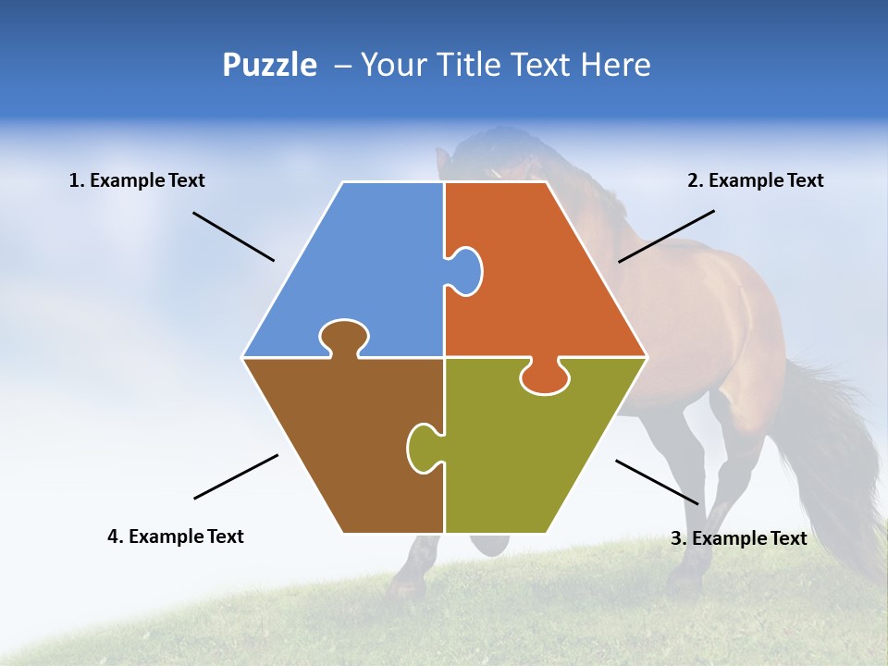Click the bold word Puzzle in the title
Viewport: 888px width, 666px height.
click(269, 65)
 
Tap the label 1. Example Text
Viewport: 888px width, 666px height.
click(137, 180)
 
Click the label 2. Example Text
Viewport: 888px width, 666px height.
click(755, 180)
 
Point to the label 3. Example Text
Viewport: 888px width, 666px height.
click(738, 538)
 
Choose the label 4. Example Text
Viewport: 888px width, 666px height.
click(175, 536)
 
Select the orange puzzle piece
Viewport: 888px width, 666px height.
click(546, 277)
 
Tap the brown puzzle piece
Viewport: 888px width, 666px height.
click(342, 435)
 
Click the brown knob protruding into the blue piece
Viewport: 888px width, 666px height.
click(343, 338)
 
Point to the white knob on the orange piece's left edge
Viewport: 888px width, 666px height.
click(464, 270)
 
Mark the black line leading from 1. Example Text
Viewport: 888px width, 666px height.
click(233, 236)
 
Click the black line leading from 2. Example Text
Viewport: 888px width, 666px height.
click(666, 236)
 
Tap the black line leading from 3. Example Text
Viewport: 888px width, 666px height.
click(657, 482)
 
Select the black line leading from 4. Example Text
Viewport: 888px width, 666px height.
click(236, 476)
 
